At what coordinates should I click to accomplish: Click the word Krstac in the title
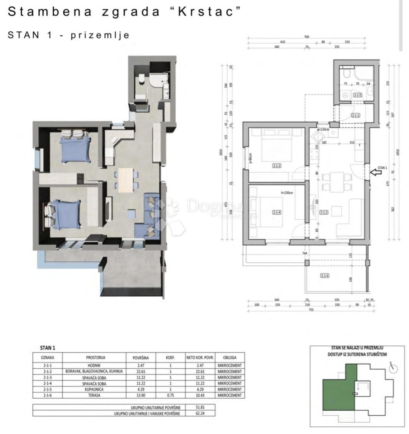pyautogui.click(x=209, y=12)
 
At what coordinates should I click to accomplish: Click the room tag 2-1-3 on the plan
pyautogui.click(x=277, y=166)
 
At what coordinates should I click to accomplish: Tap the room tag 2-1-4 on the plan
pyautogui.click(x=277, y=212)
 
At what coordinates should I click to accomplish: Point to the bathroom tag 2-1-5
pyautogui.click(x=357, y=95)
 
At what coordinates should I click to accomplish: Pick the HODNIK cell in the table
pyautogui.click(x=95, y=366)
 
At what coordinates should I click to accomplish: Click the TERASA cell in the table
pyautogui.click(x=95, y=395)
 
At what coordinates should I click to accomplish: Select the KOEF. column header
pyautogui.click(x=170, y=357)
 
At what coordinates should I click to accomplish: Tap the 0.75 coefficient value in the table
pyautogui.click(x=170, y=395)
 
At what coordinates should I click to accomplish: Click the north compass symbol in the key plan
pyautogui.click(x=393, y=368)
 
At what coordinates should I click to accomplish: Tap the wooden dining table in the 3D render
pyautogui.click(x=125, y=180)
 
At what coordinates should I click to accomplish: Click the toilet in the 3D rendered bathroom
pyautogui.click(x=141, y=80)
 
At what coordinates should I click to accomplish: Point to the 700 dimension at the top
pyautogui.click(x=307, y=37)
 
